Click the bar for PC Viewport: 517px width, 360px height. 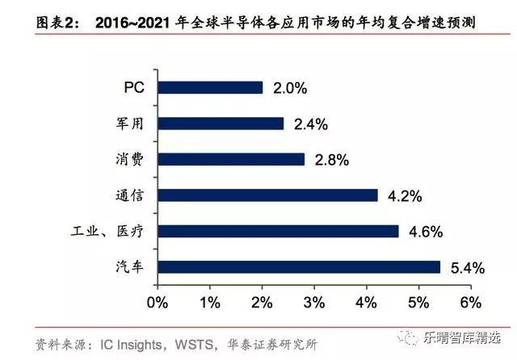(x=210, y=87)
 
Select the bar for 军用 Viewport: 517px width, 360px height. (x=221, y=123)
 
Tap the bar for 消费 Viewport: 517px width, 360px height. (x=231, y=159)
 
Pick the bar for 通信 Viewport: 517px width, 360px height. (x=267, y=195)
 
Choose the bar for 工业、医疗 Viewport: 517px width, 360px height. (x=278, y=231)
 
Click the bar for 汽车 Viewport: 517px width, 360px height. (x=299, y=266)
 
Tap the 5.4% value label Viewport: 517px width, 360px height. (x=468, y=267)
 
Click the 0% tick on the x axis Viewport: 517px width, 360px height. (x=157, y=303)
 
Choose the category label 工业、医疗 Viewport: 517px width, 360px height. (x=107, y=231)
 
